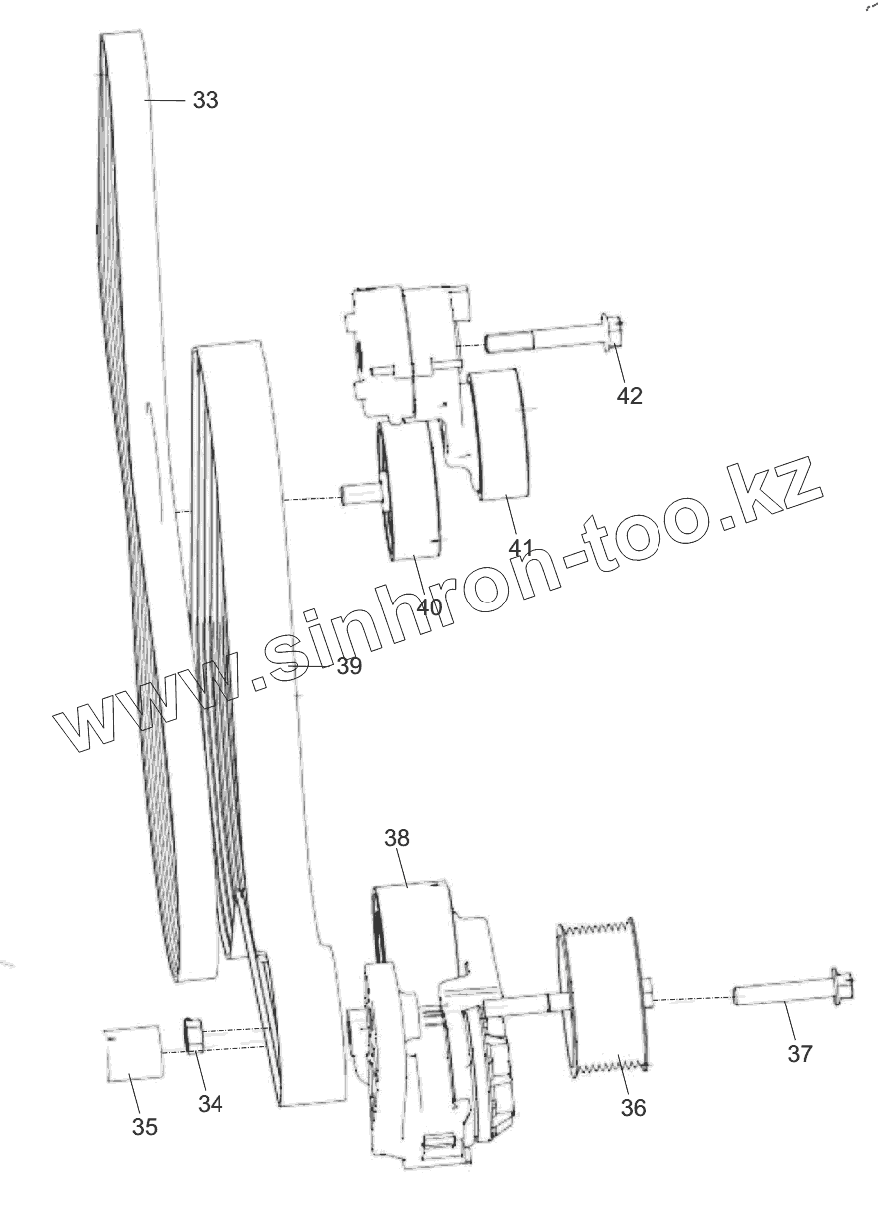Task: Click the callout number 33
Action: [x=205, y=100]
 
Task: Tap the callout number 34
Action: [x=210, y=1103]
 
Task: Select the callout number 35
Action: [x=145, y=1127]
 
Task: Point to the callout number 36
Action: [x=633, y=1107]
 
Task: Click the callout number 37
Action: [x=800, y=1053]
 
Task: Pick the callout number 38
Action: [x=397, y=838]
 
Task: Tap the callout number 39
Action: [x=348, y=666]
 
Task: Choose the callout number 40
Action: [x=429, y=606]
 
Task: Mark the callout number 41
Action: [x=521, y=548]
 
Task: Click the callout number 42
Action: [x=629, y=395]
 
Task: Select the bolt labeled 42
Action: [x=549, y=339]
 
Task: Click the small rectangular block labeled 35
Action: [x=134, y=1053]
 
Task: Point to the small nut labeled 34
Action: [x=195, y=1035]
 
